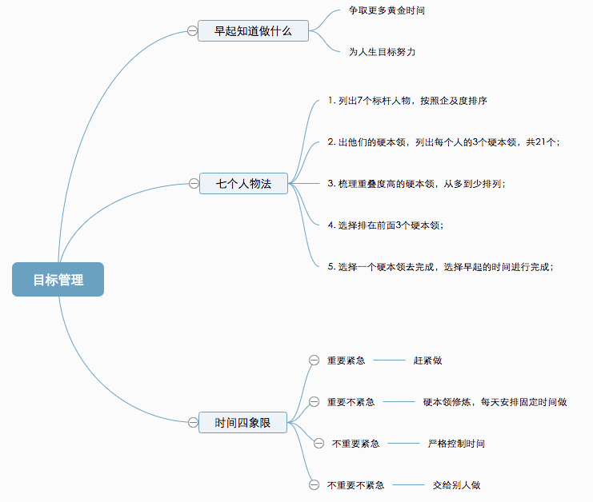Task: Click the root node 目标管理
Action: point(58,280)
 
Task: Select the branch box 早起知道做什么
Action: point(253,31)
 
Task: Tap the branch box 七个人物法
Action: point(243,184)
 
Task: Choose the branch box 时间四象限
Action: point(243,422)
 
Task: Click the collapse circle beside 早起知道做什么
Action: point(192,31)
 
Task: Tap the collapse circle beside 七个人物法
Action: point(194,184)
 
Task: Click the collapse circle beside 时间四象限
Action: point(193,422)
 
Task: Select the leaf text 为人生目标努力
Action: point(382,51)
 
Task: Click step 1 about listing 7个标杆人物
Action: point(407,101)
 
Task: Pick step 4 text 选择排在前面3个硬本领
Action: point(385,225)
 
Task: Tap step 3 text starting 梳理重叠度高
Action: point(416,183)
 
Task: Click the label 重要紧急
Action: point(346,361)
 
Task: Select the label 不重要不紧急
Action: point(355,484)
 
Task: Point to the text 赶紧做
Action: point(427,361)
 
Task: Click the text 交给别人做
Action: point(456,484)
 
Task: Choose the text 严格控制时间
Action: point(456,443)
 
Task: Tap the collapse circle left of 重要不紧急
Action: point(314,401)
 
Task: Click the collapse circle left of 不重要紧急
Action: point(319,443)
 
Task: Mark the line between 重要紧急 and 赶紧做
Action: point(389,361)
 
